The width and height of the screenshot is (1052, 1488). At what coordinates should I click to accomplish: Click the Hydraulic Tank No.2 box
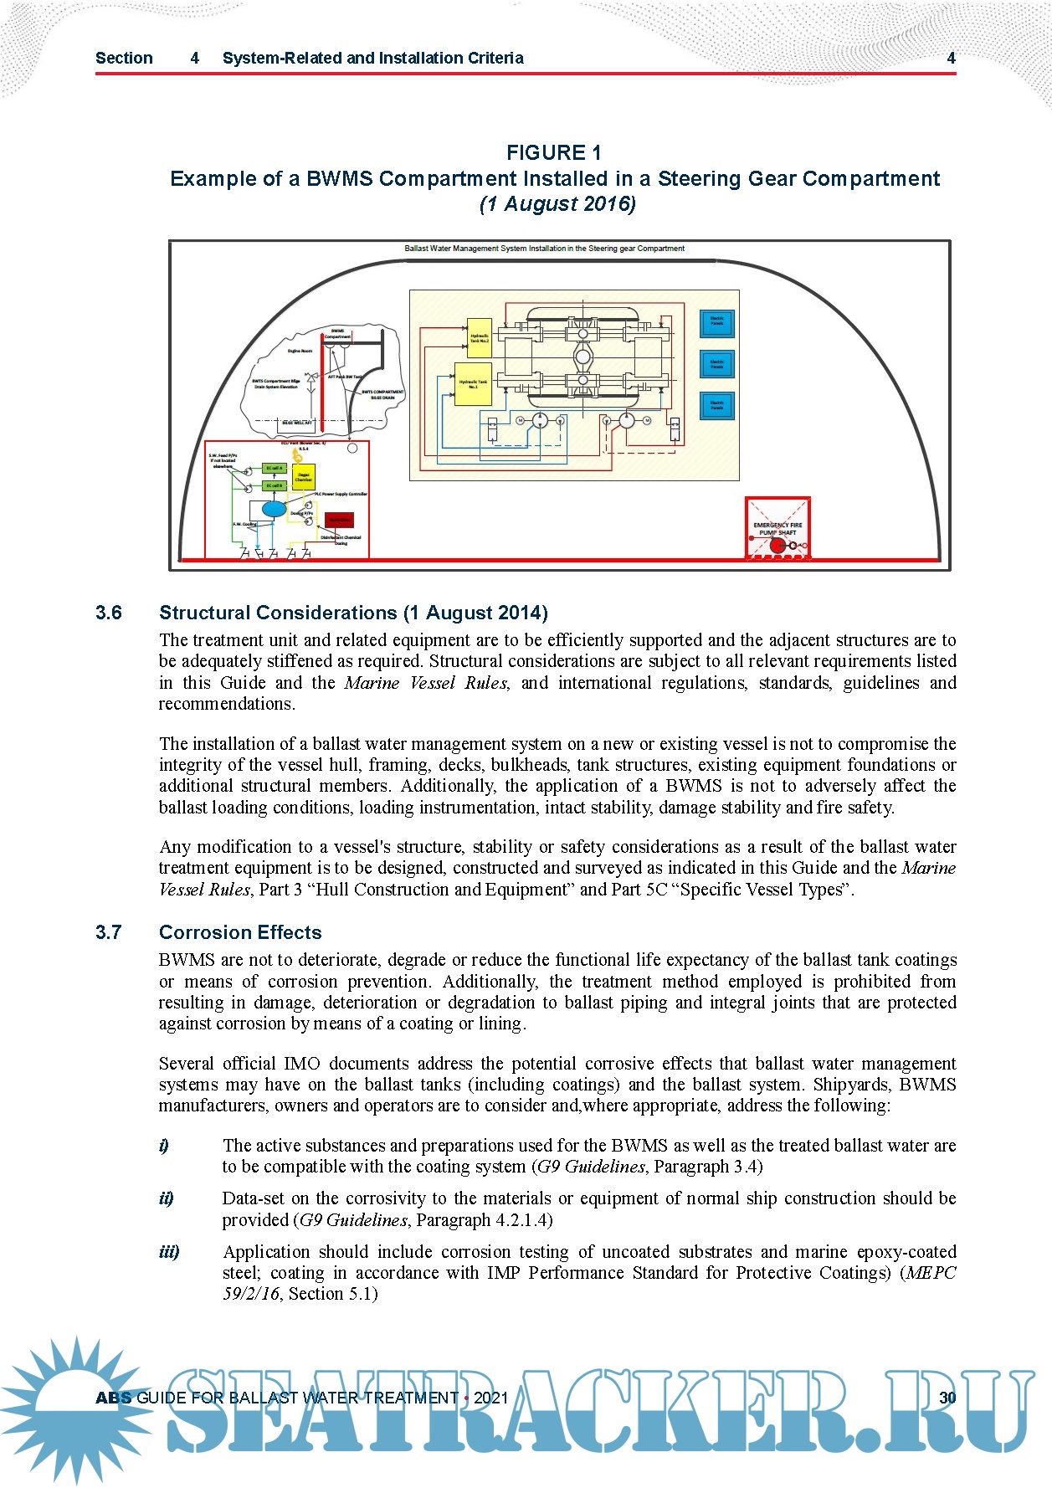coord(479,338)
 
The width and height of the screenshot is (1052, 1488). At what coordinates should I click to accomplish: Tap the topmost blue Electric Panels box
coord(717,321)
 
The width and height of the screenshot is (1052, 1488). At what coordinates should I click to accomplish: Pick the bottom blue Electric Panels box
coord(717,406)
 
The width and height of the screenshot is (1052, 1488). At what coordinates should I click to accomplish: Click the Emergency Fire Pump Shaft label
coord(777,528)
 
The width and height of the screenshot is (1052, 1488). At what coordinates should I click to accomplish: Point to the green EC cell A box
coord(275,469)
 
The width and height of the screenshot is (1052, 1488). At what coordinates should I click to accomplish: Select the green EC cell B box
coord(275,485)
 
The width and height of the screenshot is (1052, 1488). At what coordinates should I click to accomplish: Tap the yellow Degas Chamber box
coord(303,478)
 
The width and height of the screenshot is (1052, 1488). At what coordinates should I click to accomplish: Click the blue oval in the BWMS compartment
coord(274,508)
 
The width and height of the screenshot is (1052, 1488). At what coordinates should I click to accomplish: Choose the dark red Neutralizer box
coord(339,521)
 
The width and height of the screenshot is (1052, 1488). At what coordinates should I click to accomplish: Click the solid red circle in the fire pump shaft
coord(777,546)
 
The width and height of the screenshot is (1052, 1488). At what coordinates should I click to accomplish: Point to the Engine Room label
coord(300,351)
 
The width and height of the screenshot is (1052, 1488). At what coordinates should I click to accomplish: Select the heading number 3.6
coord(109,613)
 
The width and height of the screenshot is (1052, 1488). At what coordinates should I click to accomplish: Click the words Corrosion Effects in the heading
coord(240,932)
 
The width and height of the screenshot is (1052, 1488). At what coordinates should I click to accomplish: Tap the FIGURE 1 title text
coord(553,152)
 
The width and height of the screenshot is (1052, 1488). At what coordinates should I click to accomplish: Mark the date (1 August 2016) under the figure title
coord(557,203)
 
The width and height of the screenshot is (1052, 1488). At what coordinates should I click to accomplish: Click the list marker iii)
coord(169,1252)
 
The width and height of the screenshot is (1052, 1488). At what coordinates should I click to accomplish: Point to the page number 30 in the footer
coord(947,1398)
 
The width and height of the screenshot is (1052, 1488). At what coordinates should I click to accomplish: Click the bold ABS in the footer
coord(114,1398)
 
